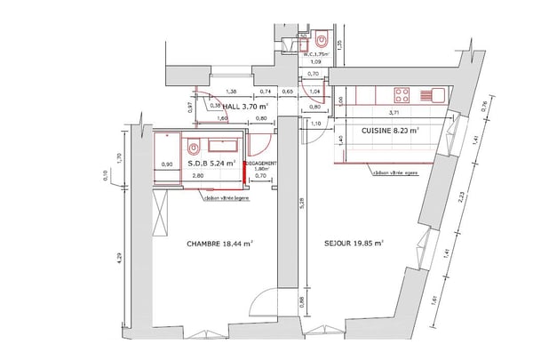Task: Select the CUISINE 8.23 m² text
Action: point(390,130)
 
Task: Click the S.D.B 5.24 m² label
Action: point(211,164)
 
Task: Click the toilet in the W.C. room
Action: point(321,41)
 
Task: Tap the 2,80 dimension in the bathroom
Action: point(197,176)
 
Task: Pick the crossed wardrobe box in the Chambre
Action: point(161,212)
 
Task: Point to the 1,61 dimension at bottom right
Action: point(434,300)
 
